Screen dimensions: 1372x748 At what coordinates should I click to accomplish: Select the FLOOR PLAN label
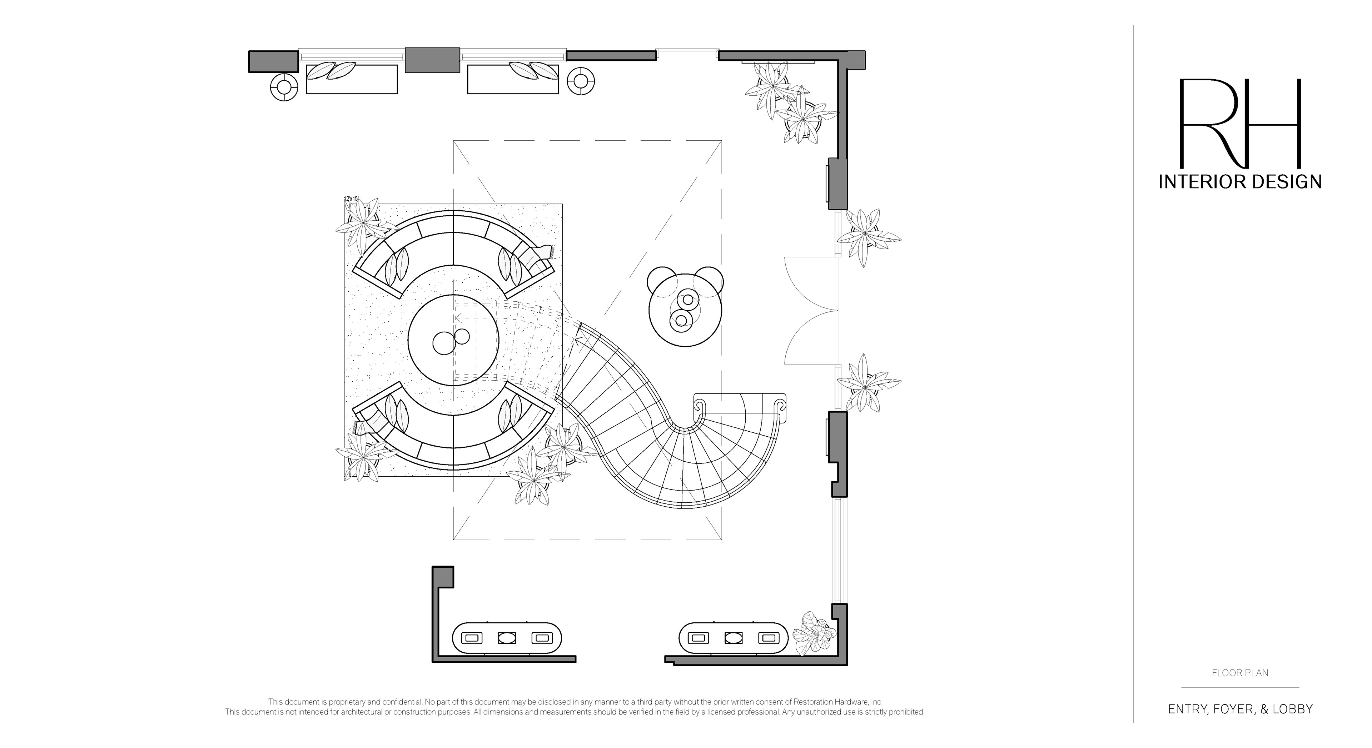[x=1240, y=673]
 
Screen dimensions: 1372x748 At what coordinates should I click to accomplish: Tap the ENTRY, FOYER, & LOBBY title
[x=1240, y=709]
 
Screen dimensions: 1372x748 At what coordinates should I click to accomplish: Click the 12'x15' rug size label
[x=352, y=199]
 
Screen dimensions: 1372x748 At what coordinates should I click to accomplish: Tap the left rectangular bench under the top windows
[x=352, y=80]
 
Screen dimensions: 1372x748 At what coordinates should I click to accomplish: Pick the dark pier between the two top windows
[x=432, y=60]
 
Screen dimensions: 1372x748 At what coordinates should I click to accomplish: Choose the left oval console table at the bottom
[x=507, y=637]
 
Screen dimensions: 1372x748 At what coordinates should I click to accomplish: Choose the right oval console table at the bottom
[x=734, y=637]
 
